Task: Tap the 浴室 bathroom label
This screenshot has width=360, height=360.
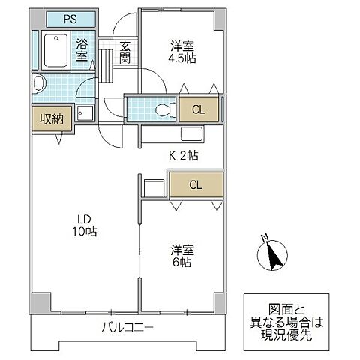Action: tap(82, 49)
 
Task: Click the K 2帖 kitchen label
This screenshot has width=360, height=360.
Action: tap(183, 156)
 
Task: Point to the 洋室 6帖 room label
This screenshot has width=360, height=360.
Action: tap(180, 256)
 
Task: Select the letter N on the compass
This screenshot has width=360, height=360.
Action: tap(264, 238)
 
